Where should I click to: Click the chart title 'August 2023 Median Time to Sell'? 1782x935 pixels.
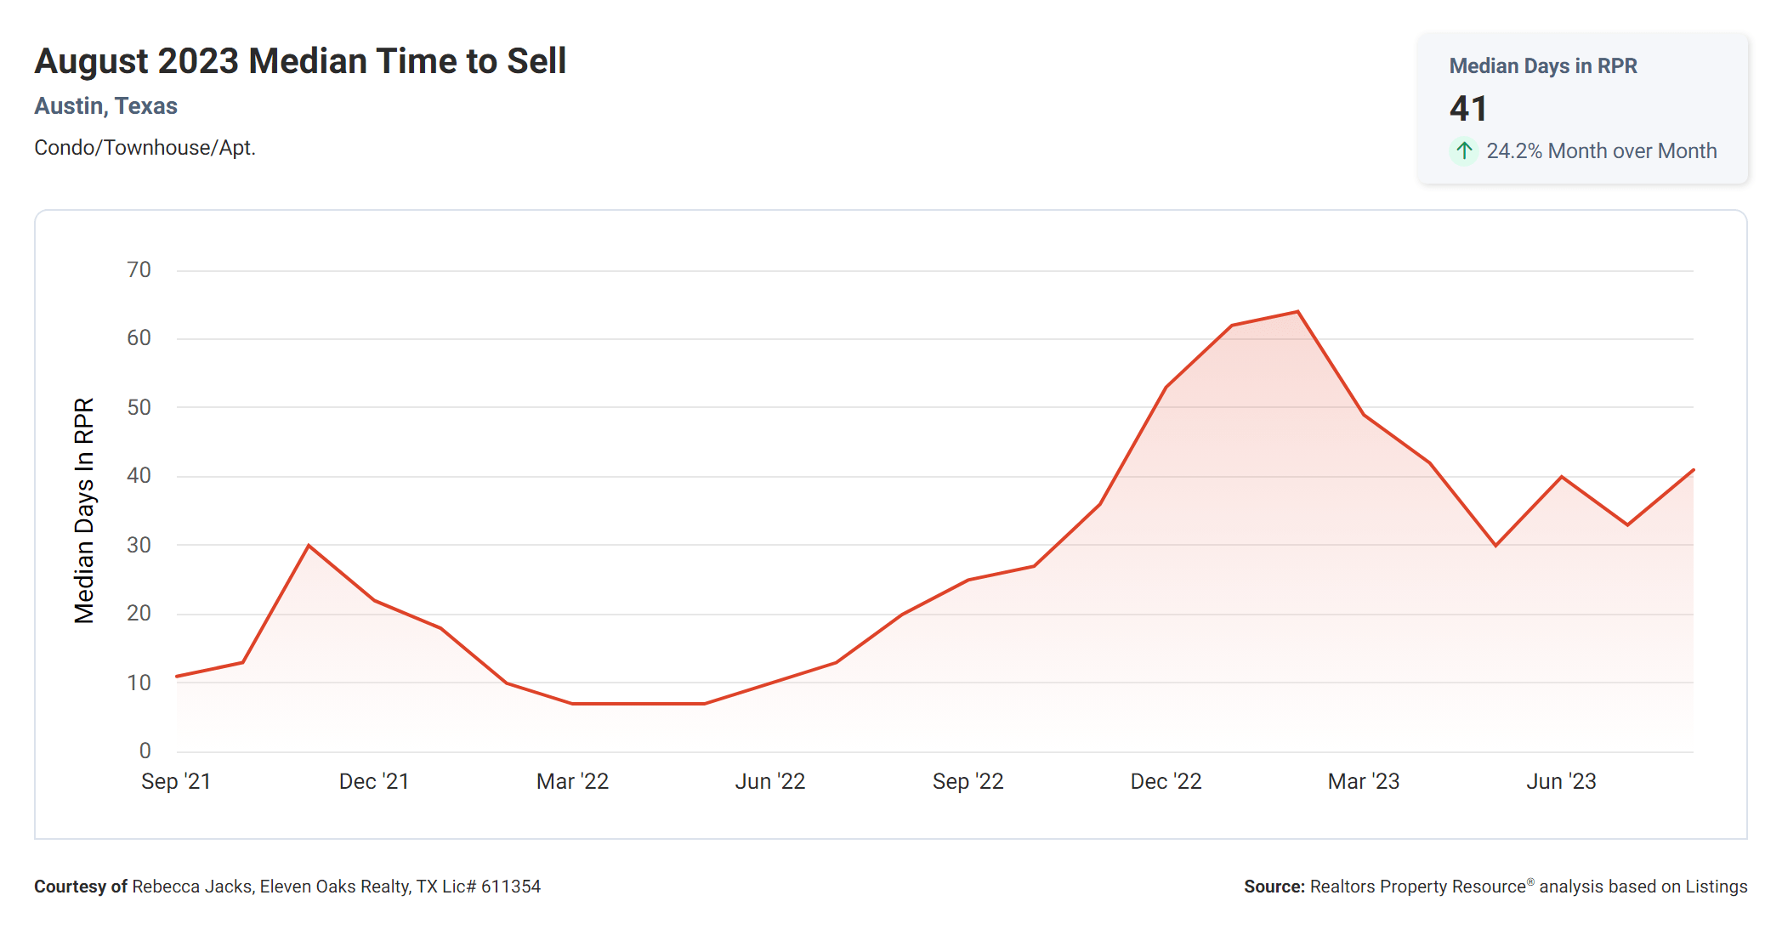[x=300, y=61]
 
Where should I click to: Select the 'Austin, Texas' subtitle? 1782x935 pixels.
[x=105, y=106]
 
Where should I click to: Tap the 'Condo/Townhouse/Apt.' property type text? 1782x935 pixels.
[x=145, y=148]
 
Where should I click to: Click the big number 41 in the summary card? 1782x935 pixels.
[x=1468, y=109]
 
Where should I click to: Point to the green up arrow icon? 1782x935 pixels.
[x=1464, y=151]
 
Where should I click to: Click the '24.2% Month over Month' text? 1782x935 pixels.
[x=1602, y=151]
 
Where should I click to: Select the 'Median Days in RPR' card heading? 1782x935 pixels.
[x=1543, y=66]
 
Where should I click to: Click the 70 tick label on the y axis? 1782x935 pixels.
[x=139, y=270]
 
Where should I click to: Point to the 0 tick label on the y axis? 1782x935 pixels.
[x=145, y=751]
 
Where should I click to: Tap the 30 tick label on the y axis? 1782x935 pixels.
[x=139, y=545]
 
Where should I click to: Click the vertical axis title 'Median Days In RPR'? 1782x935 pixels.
[x=84, y=510]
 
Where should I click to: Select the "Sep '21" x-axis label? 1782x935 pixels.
[x=176, y=781]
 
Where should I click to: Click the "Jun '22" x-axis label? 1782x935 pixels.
[x=770, y=781]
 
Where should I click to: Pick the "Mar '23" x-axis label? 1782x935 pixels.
[x=1364, y=781]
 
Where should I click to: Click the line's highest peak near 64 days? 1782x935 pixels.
[x=1297, y=312]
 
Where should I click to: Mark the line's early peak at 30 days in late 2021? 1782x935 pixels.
[x=309, y=545]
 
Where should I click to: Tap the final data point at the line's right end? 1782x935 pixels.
[x=1693, y=470]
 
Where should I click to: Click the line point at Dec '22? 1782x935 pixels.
[x=1166, y=388]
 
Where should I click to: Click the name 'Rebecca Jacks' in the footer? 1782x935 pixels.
[x=192, y=887]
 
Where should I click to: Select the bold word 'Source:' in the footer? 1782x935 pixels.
[x=1274, y=887]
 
